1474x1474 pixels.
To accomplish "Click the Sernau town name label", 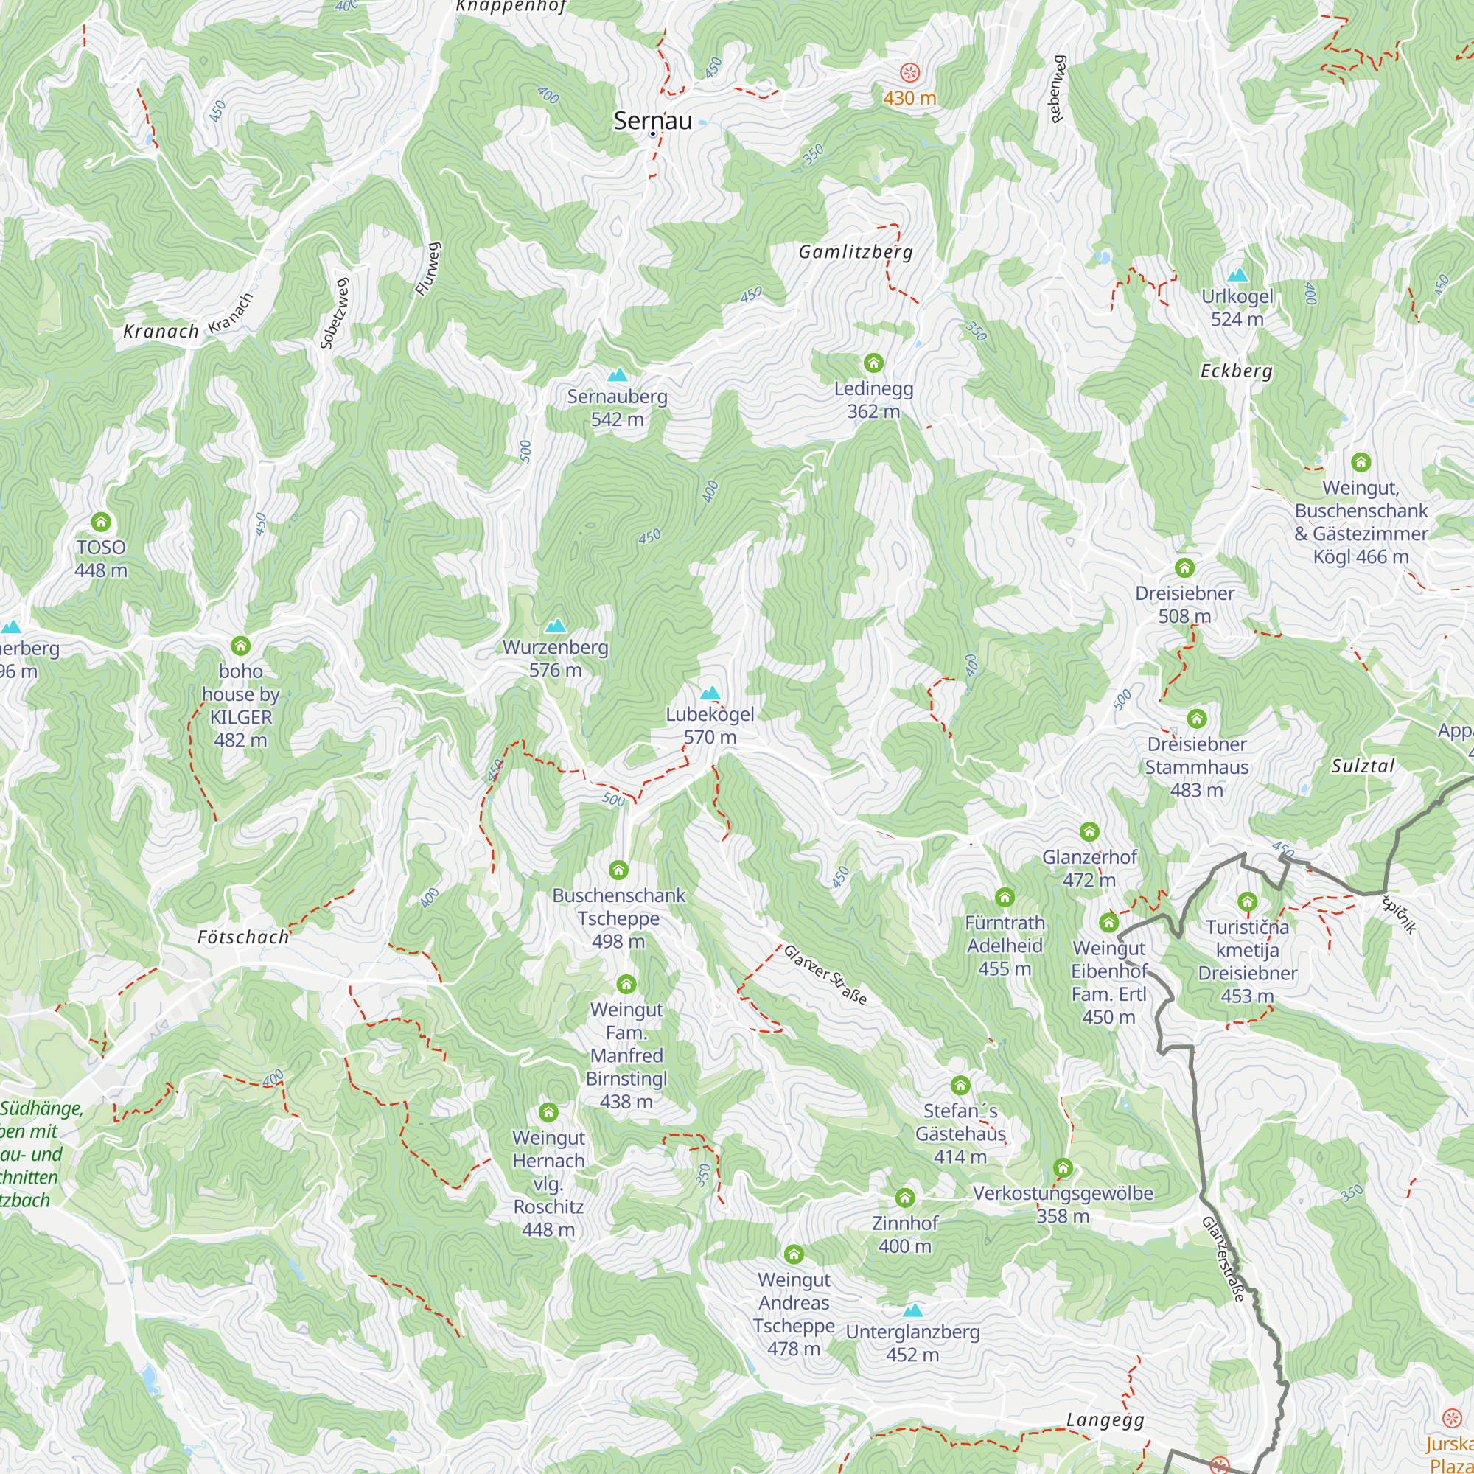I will [652, 121].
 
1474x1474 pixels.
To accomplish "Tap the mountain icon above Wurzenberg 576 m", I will [556, 626].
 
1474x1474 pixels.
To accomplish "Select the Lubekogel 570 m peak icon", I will [710, 693].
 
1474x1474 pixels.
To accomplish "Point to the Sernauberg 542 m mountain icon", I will [617, 374].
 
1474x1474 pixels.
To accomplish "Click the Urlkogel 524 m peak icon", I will [1237, 275].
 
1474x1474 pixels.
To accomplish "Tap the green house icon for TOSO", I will [101, 522].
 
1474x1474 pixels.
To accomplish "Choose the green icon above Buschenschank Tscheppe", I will [618, 870].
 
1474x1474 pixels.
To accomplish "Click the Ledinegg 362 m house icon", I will [873, 363].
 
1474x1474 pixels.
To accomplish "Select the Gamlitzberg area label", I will [855, 252].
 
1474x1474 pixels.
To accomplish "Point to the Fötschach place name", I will [243, 937].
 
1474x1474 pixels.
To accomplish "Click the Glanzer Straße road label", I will [825, 975].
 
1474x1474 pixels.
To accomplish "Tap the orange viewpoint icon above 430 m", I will [909, 72].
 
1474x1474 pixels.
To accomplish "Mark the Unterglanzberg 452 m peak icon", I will [912, 1310].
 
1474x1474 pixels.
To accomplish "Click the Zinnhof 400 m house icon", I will [905, 1197].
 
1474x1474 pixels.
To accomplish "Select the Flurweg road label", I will [428, 268].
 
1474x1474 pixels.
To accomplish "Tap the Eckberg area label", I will [1236, 371].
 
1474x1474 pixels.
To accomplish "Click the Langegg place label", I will [1105, 1420].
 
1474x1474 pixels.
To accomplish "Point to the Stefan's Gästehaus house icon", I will [960, 1085].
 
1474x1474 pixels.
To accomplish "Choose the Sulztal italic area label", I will [1363, 766].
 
